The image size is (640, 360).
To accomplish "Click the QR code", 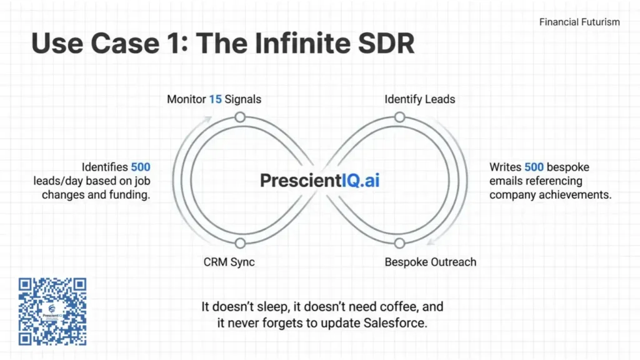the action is tap(52, 311).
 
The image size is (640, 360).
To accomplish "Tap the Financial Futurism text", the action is tap(579, 22).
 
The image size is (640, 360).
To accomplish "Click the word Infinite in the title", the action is tap(302, 43).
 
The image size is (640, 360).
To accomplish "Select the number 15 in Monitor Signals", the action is tap(215, 99).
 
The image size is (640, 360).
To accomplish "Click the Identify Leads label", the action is tap(419, 99).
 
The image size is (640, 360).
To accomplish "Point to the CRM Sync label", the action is tap(229, 262).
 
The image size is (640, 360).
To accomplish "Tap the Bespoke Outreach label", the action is tap(430, 262).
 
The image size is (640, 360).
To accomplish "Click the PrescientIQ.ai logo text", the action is tap(319, 181).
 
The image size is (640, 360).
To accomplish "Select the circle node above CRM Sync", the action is tap(240, 243).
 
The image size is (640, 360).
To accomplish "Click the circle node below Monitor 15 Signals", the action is tap(240, 117).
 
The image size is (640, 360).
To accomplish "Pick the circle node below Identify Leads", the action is tap(399, 117).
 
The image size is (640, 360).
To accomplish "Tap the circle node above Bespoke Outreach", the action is tap(399, 243).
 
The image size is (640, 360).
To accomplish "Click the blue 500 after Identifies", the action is tap(141, 167).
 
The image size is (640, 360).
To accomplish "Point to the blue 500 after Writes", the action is tap(534, 167).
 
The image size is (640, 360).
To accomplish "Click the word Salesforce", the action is tap(395, 323).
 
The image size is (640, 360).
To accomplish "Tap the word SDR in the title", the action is tap(386, 43).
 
